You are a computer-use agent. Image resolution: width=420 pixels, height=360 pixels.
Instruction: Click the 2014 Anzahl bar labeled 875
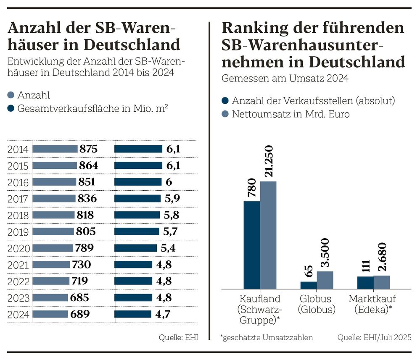55,149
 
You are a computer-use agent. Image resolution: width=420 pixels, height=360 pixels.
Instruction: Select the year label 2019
18,231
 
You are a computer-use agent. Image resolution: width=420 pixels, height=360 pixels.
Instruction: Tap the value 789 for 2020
85,248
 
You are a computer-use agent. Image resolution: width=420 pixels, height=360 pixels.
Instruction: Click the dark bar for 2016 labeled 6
138,182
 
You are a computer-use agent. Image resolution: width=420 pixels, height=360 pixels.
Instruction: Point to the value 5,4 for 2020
168,248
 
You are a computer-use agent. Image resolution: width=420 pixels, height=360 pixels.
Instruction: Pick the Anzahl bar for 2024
50,314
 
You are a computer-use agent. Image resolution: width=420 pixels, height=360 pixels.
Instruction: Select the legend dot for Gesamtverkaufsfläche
11,108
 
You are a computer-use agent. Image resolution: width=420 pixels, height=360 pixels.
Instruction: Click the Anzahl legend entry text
34,96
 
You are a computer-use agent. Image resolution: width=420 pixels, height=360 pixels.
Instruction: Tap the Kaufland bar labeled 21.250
268,235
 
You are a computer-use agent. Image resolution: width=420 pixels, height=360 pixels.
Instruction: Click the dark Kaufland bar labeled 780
252,245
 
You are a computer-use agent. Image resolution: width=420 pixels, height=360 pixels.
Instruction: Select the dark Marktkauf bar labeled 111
365,283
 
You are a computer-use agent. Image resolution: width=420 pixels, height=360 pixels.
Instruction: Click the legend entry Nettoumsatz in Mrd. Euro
291,114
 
